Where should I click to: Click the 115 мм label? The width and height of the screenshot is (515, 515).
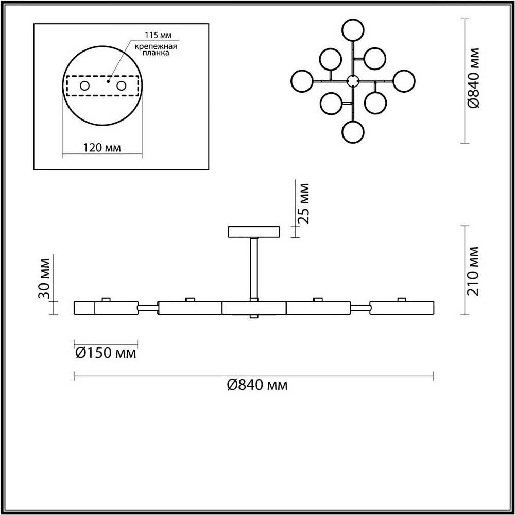(158, 35)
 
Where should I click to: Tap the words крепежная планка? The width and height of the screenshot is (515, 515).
(156, 49)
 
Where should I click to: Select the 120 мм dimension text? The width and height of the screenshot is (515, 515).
(102, 148)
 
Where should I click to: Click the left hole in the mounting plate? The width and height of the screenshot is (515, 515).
(85, 86)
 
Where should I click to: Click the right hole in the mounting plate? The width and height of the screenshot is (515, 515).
(121, 86)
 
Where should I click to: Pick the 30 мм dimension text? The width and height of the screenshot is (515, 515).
(44, 279)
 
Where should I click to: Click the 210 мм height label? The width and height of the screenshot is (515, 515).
(473, 271)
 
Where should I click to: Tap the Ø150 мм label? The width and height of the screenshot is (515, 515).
(106, 353)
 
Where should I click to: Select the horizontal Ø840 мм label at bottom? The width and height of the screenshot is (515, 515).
(257, 385)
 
